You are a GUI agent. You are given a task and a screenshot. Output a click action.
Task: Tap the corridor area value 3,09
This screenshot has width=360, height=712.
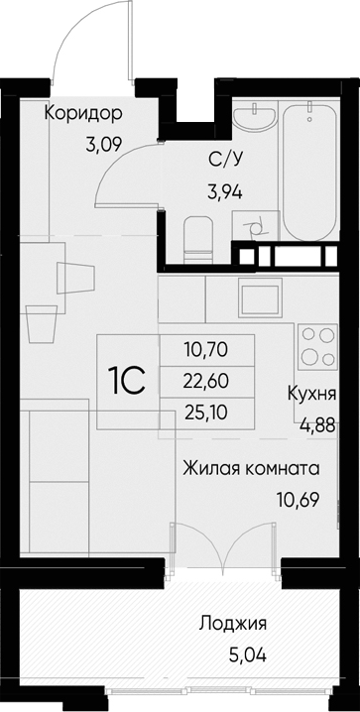coord(105,145)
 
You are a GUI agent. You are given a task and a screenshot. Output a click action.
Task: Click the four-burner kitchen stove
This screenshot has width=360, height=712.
coord(318,346)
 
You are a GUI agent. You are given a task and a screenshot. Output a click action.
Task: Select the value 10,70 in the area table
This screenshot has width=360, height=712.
coord(206,349)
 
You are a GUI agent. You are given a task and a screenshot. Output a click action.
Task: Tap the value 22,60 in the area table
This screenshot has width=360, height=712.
coord(206,379)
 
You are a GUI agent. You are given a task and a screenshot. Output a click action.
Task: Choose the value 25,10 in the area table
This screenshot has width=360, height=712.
coord(206,409)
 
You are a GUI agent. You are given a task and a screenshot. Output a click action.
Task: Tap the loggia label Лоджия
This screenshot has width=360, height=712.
coord(232,624)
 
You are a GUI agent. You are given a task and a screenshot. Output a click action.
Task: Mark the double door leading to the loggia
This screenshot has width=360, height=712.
coord(225,550)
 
